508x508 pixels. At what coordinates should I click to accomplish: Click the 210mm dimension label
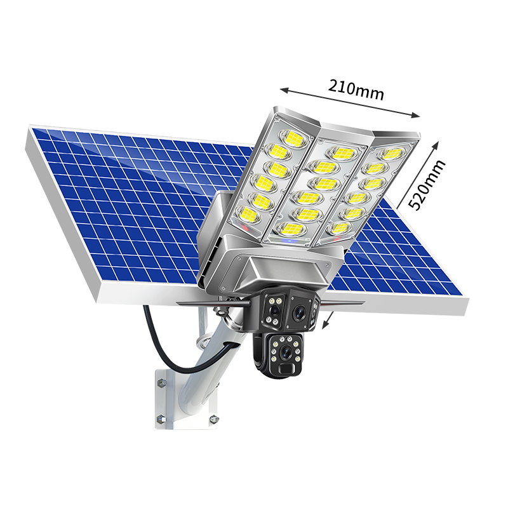pos(356,90)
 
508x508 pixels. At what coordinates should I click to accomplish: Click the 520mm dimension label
pos(426,185)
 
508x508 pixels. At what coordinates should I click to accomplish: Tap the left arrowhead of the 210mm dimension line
pos(284,90)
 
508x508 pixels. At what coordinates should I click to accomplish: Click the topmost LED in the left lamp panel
pos(294,138)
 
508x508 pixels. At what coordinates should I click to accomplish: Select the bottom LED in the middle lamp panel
pos(291,229)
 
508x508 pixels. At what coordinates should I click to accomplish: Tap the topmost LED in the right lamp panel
pos(391,154)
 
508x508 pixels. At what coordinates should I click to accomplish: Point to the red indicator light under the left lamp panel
pos(245,228)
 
